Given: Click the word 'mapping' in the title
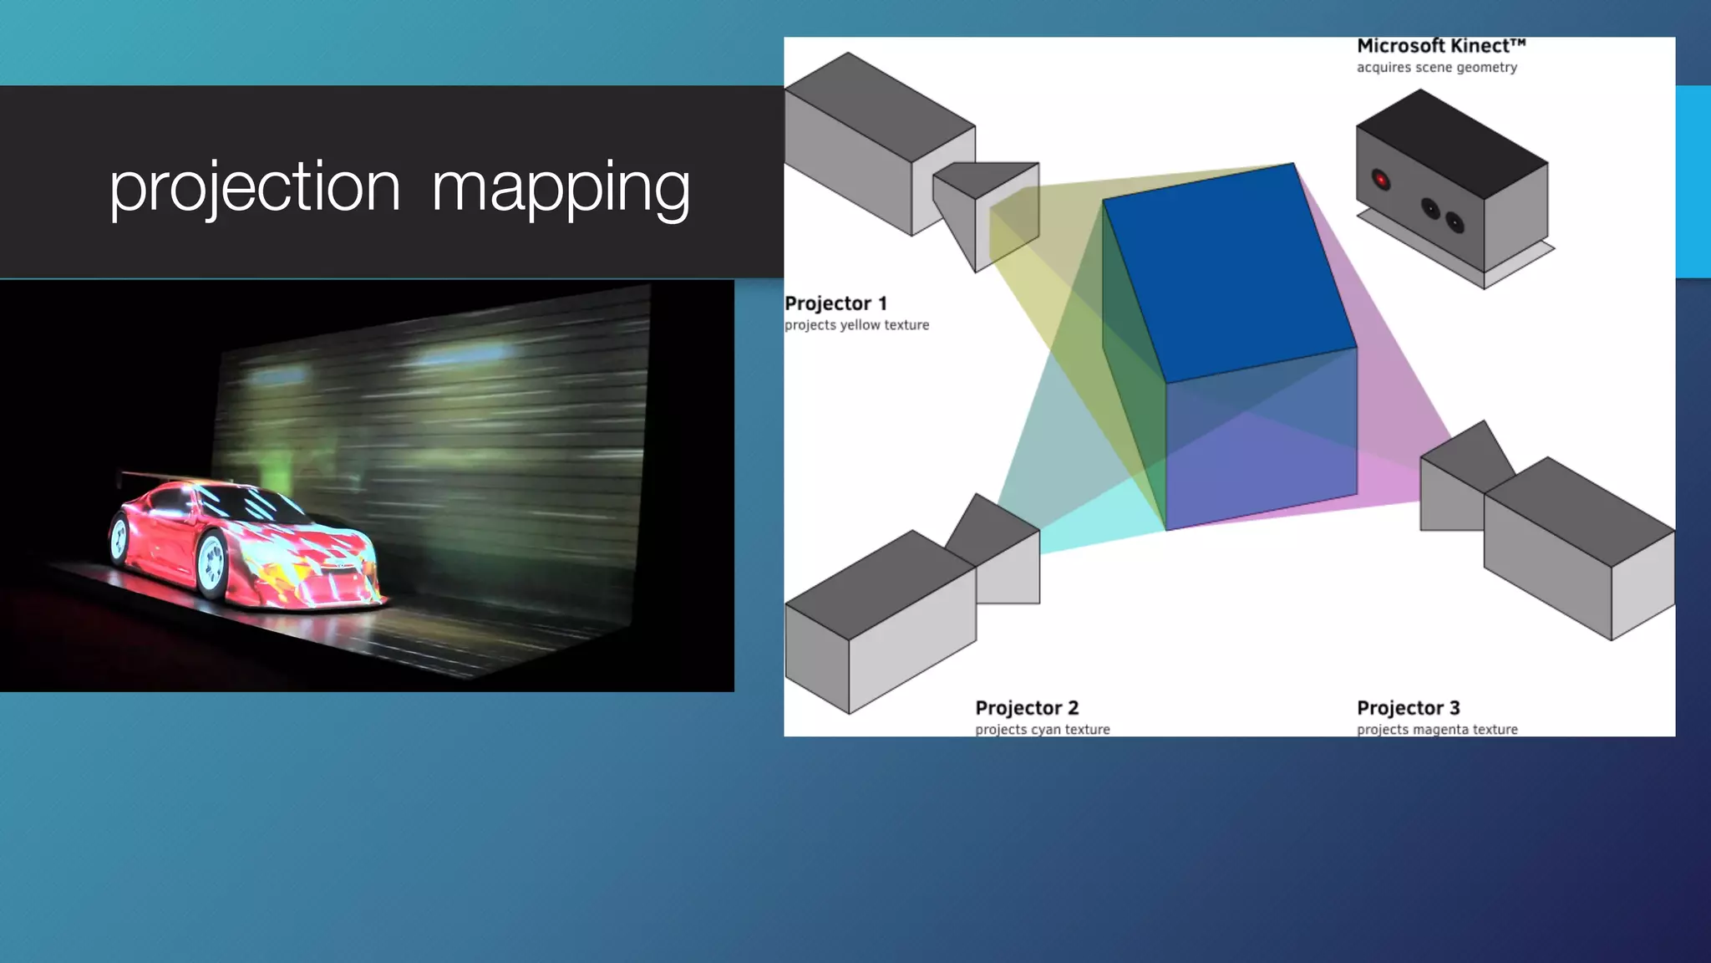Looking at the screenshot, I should [561, 187].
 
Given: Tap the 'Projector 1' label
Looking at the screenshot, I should [835, 303].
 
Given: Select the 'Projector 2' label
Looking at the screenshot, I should [1027, 708].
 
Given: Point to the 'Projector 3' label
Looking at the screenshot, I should [1409, 708].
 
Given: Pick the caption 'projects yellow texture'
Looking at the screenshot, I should [856, 325].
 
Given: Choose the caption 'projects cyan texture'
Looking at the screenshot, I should [1042, 730].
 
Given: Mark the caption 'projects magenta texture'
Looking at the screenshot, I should [1437, 730].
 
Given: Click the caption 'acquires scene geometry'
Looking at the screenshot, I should [1436, 68].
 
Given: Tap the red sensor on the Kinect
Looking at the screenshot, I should [1381, 179].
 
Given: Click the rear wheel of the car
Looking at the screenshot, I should [119, 539].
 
